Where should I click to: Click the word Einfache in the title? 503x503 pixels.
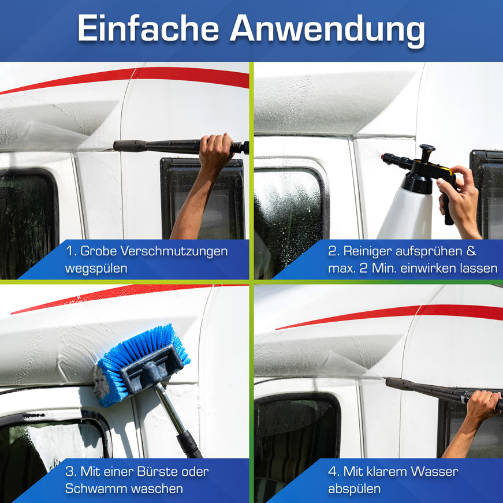[148, 28]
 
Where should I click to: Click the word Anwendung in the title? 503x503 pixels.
[327, 31]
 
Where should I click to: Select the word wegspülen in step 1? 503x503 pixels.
[96, 269]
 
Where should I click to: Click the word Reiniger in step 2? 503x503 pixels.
[368, 251]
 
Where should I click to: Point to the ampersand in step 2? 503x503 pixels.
[471, 251]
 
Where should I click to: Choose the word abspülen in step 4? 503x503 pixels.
[354, 489]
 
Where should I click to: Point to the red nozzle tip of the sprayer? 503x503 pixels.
[383, 157]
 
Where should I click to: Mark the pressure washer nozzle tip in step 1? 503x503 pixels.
[116, 146]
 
